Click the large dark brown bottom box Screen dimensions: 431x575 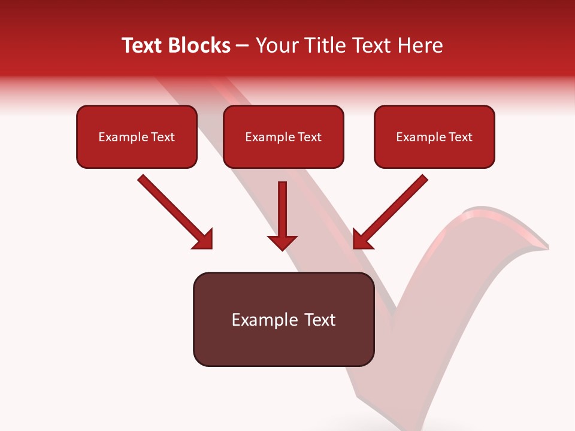point(283,344)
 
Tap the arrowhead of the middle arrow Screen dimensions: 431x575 point(282,242)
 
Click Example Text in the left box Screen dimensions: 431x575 point(137,137)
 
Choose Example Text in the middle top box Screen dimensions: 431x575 point(283,137)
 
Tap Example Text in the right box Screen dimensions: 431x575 point(434,137)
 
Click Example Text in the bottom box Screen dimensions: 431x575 point(283,320)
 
